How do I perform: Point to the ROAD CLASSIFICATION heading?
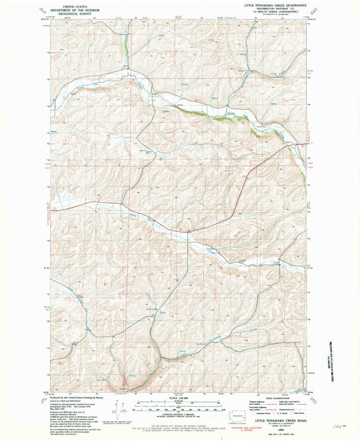272,398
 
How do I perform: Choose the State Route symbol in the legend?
295,413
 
